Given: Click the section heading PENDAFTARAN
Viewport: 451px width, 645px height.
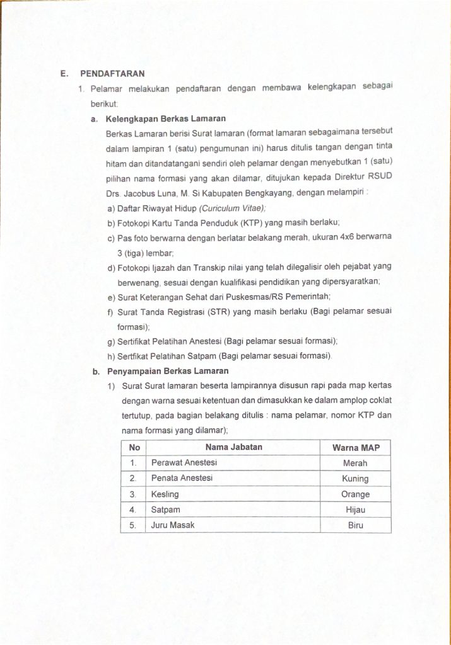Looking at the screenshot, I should pos(112,74).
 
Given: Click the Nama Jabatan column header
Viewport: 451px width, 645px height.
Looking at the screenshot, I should pos(234,447).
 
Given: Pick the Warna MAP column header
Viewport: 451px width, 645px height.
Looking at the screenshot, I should pos(356,448).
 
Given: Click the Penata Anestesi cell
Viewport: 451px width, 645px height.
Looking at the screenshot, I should pos(182,478).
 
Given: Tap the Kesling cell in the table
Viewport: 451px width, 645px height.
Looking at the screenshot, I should pos(165,494).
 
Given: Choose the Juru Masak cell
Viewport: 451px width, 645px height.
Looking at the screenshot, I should pos(173,525).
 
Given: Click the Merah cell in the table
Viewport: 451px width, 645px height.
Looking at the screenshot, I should pos(355,463).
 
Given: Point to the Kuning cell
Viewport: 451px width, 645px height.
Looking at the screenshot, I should pos(355,479).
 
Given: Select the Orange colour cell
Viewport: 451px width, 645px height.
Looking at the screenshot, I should pos(355,494).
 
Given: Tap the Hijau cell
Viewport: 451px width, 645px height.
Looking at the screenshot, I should pos(355,510).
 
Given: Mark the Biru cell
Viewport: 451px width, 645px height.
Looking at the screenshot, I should pos(355,525).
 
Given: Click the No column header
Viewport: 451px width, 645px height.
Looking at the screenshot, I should pos(134,447).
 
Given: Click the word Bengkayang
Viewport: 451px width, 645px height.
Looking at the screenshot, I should pos(267,193).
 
